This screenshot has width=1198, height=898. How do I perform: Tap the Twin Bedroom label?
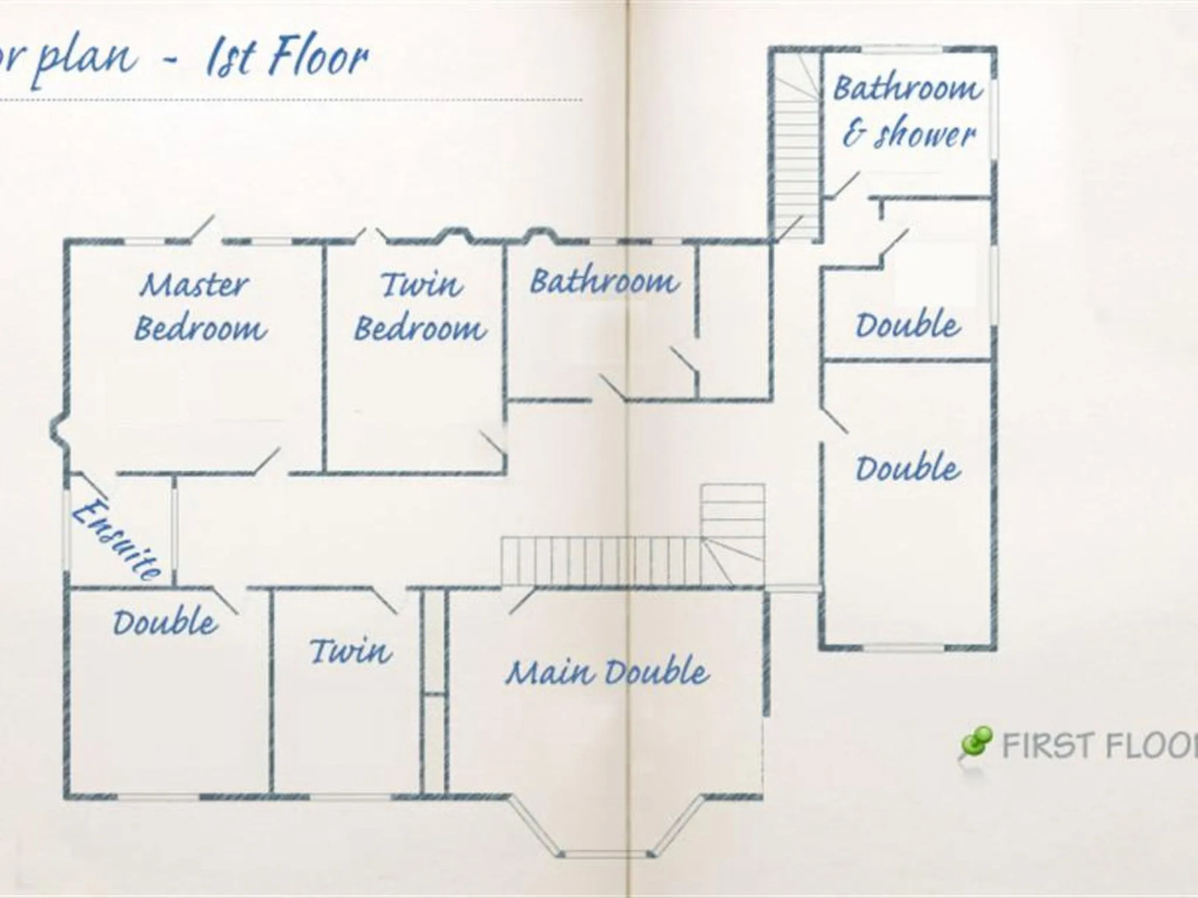tap(420, 307)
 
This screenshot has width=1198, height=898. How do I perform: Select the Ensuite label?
tap(116, 538)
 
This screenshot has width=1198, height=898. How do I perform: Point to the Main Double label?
tap(607, 672)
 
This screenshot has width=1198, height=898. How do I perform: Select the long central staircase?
tap(599, 561)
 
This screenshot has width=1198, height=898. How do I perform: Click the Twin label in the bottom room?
tap(350, 650)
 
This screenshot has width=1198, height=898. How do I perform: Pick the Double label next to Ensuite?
tap(165, 622)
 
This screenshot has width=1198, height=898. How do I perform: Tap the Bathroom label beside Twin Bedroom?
tap(604, 281)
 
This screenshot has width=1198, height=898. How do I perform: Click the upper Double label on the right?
tap(908, 324)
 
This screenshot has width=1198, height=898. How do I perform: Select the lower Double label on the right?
tap(908, 468)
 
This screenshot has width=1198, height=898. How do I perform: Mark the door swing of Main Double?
tap(521, 600)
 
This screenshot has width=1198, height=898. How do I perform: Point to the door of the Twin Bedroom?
tap(493, 445)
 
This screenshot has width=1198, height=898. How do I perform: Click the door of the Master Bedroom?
tap(266, 461)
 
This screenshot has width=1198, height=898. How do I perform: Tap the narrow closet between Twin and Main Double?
tap(434, 690)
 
